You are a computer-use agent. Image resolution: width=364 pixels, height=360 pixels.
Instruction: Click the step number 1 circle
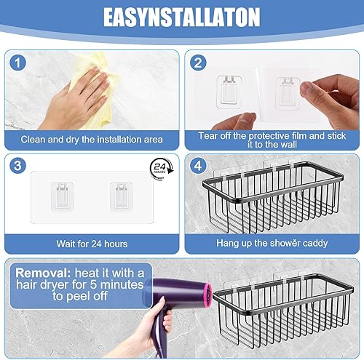17,63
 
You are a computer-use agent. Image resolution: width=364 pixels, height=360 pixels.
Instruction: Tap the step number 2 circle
198,63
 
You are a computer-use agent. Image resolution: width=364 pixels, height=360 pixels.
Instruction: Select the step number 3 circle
17,166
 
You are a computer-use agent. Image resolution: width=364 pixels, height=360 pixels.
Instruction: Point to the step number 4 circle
198,166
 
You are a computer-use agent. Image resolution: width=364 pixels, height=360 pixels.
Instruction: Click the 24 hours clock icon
161,169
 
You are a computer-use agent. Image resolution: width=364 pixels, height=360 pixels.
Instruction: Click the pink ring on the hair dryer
207,295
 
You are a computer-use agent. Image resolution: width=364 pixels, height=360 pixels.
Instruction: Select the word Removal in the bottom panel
43,273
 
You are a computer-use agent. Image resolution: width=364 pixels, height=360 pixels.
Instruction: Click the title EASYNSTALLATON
181,17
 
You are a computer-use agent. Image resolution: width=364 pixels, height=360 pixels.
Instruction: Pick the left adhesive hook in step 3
62,196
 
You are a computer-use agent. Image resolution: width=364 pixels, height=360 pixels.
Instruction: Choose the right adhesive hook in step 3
122,196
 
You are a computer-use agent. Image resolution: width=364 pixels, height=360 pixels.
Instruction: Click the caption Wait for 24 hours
92,244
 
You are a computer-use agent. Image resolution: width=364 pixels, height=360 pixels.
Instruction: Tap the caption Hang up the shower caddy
272,243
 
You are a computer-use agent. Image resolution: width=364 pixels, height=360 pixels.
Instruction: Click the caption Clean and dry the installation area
92,140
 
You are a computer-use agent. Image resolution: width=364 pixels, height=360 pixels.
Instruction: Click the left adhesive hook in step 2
229,92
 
